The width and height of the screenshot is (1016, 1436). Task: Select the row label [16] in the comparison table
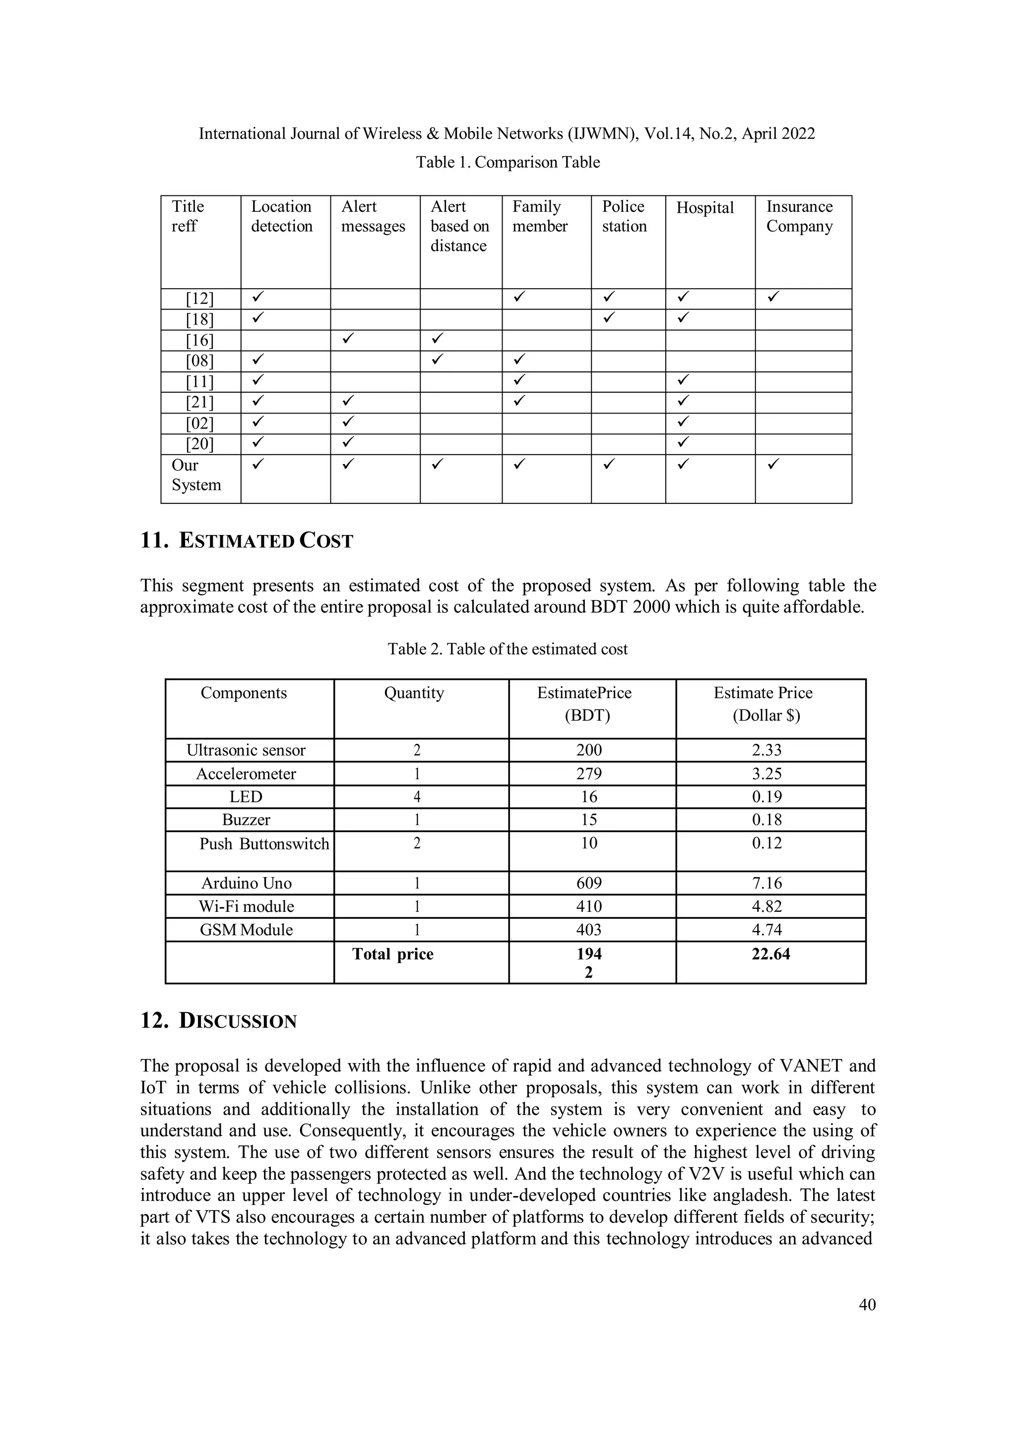tap(199, 341)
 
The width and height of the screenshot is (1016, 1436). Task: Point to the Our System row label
tap(196, 476)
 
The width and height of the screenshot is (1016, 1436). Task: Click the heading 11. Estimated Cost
tap(247, 540)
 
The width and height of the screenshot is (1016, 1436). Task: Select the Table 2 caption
tap(508, 649)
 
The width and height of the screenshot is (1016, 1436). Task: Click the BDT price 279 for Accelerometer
tap(589, 774)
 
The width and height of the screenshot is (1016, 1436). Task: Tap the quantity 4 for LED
tap(417, 797)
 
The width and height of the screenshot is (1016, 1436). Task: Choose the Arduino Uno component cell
tap(247, 883)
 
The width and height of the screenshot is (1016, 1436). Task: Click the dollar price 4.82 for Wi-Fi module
tap(767, 906)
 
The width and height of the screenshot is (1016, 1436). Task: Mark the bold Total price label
tap(393, 954)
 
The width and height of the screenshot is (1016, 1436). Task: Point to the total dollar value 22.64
tap(771, 954)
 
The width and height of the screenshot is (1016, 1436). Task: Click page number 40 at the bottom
tap(867, 1305)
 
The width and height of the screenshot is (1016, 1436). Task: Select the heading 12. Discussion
tap(218, 1020)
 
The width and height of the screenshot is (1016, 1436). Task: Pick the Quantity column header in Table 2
tap(414, 693)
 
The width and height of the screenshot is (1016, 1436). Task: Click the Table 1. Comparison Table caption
tap(508, 163)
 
